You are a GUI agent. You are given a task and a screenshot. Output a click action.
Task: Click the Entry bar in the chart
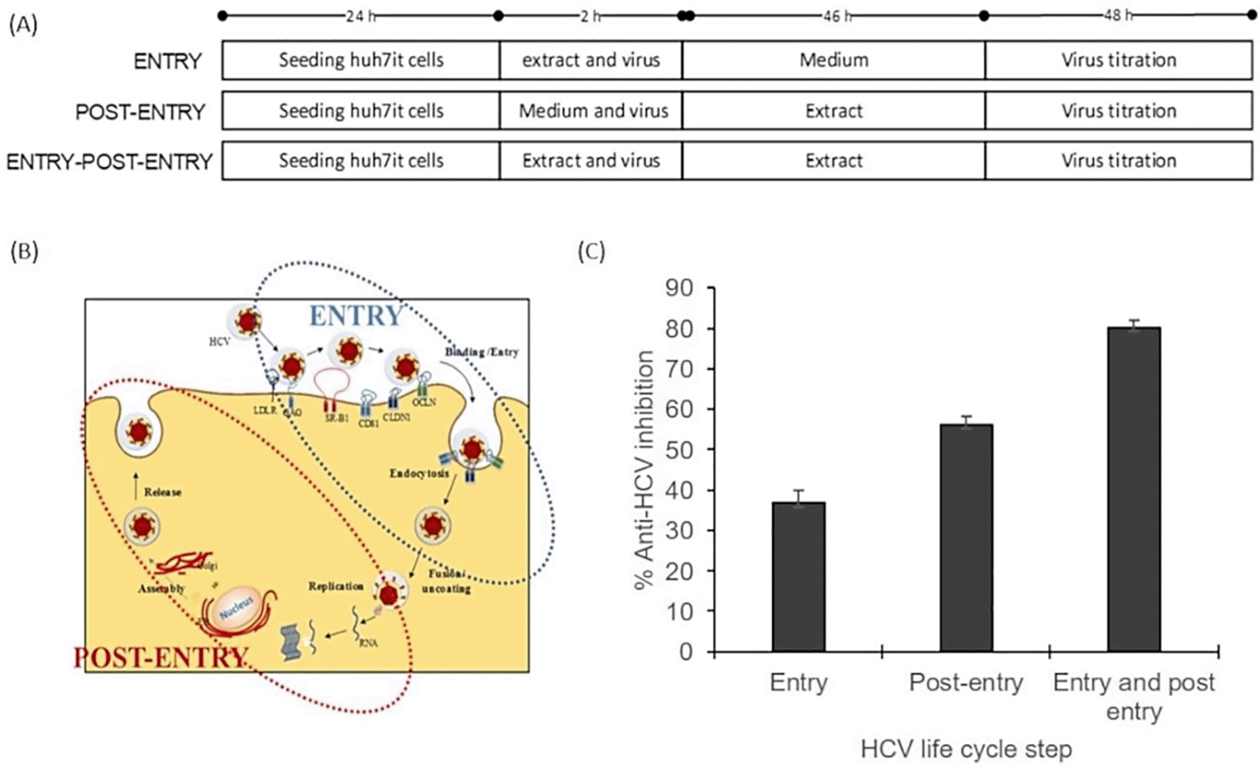tap(799, 577)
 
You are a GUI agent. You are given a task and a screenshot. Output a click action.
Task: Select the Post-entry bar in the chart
tap(966, 538)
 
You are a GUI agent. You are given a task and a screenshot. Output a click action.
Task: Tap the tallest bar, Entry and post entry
tap(1133, 489)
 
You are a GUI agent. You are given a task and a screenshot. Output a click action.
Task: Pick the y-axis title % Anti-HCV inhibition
tap(644, 469)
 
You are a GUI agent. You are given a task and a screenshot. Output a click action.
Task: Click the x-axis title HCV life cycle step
tap(966, 750)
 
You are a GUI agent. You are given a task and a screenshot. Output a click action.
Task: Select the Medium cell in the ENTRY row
tap(833, 60)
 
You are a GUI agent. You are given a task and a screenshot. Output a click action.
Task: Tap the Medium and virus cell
tap(593, 111)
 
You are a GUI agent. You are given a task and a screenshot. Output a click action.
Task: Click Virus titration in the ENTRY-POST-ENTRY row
tap(1118, 161)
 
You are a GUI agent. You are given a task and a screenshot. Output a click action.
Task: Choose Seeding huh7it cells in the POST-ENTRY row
tap(361, 111)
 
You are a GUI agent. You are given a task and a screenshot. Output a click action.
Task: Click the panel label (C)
tap(592, 252)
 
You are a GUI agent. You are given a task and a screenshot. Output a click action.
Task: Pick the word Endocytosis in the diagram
tap(419, 474)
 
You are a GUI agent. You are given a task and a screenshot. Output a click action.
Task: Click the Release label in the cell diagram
tap(163, 492)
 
